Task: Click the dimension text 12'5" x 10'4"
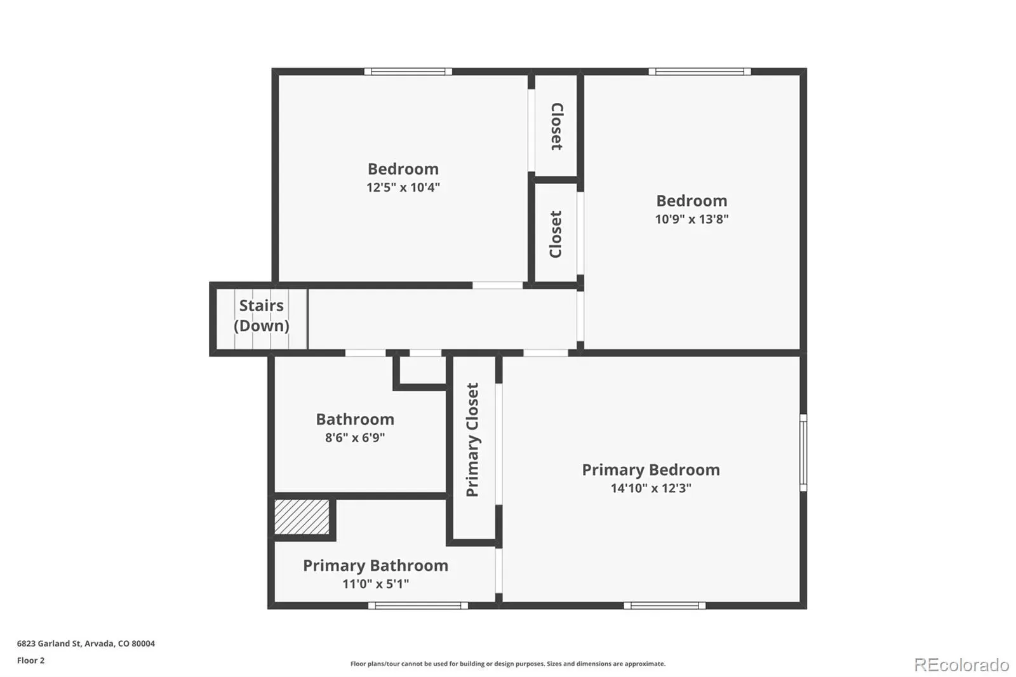pyautogui.click(x=403, y=187)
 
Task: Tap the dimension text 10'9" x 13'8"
pyautogui.click(x=692, y=219)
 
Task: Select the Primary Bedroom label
pyautogui.click(x=651, y=470)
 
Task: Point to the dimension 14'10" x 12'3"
pyautogui.click(x=651, y=488)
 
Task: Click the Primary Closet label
pyautogui.click(x=472, y=439)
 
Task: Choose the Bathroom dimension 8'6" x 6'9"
pyautogui.click(x=355, y=438)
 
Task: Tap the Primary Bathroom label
pyautogui.click(x=375, y=566)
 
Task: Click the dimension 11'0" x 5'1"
pyautogui.click(x=375, y=584)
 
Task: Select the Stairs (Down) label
pyautogui.click(x=261, y=316)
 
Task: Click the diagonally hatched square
pyautogui.click(x=302, y=517)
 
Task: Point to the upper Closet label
pyautogui.click(x=557, y=126)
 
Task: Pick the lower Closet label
pyautogui.click(x=556, y=234)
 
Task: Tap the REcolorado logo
pyautogui.click(x=961, y=665)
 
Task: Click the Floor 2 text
pyautogui.click(x=31, y=660)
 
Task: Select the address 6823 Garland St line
pyautogui.click(x=86, y=643)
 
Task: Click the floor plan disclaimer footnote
pyautogui.click(x=508, y=664)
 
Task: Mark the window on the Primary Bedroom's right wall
pyautogui.click(x=803, y=452)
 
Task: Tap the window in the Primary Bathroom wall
pyautogui.click(x=418, y=606)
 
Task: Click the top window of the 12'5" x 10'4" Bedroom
pyautogui.click(x=408, y=71)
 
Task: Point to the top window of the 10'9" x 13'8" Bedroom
pyautogui.click(x=700, y=71)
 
